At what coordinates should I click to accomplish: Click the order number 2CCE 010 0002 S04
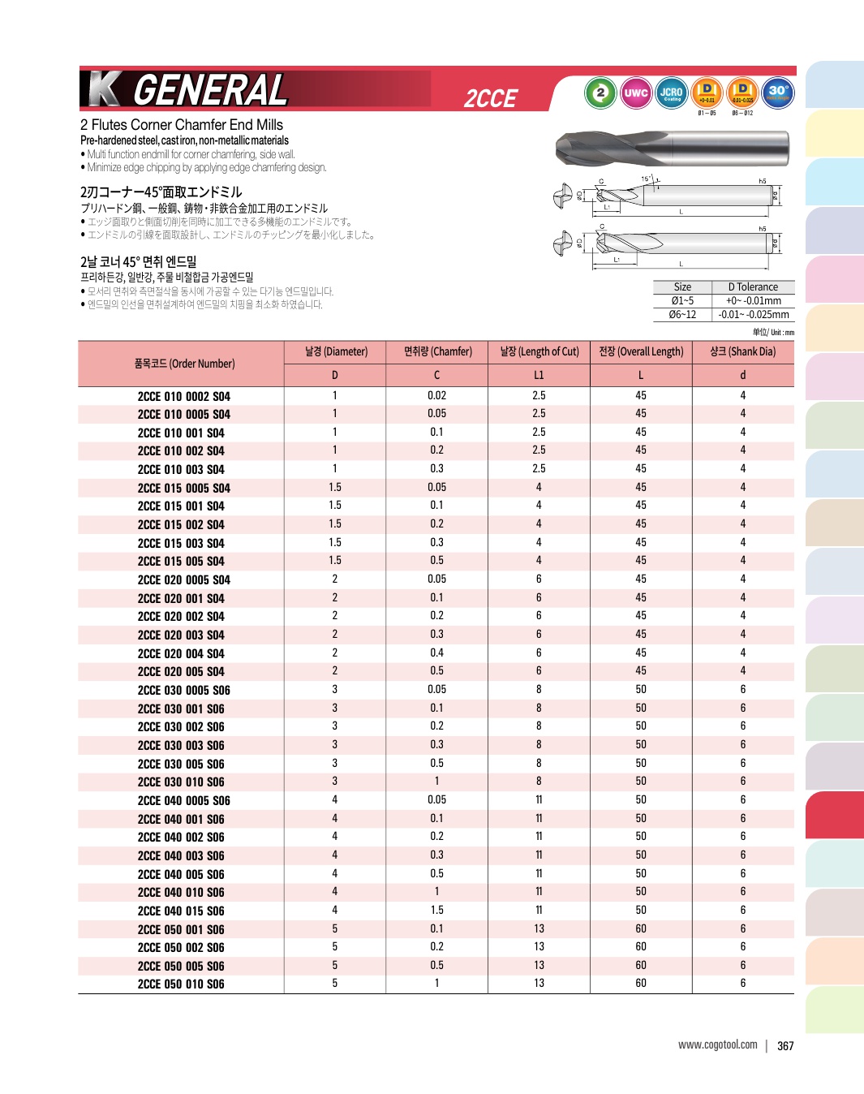coord(183,396)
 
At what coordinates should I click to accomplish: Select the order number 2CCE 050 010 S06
coord(181,984)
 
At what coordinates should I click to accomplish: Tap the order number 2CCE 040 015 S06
coord(181,911)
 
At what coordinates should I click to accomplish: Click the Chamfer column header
coord(437,351)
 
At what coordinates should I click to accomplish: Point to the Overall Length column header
coord(641,351)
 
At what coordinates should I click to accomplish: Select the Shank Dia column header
coord(742,351)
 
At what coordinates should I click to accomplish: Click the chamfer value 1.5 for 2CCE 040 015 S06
coord(436,910)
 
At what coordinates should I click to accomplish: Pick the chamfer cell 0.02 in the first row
coord(436,395)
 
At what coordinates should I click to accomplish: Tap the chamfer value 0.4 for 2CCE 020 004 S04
coord(436,653)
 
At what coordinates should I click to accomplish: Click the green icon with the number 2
coord(600,93)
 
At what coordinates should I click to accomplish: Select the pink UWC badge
coord(636,93)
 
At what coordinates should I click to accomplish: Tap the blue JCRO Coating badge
coord(671,93)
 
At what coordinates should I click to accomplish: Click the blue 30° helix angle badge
coord(778,93)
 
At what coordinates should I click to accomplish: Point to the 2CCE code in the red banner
coord(490,98)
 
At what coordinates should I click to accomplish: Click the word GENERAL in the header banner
coord(210,89)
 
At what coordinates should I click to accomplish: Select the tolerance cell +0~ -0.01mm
coord(753,300)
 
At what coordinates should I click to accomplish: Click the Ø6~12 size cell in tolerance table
coord(682,314)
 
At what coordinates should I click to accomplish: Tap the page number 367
coord(785,1046)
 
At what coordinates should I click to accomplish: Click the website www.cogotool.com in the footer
coord(717,1044)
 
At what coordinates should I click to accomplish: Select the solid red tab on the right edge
coord(834,815)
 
